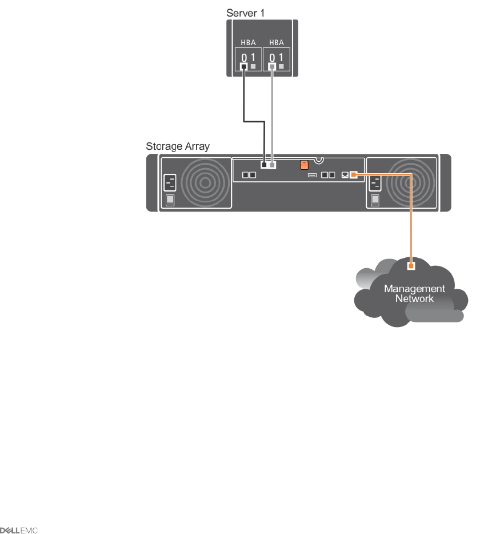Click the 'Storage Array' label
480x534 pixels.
pyautogui.click(x=178, y=146)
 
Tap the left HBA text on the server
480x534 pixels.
pyautogui.click(x=248, y=43)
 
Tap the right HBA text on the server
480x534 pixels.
pyautogui.click(x=277, y=43)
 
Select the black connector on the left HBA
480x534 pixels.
pyautogui.click(x=244, y=67)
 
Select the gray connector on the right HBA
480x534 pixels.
pyautogui.click(x=273, y=67)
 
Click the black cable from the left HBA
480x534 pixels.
pyautogui.click(x=245, y=97)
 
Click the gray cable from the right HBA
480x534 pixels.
pyautogui.click(x=273, y=114)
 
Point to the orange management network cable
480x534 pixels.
pyautogui.click(x=410, y=217)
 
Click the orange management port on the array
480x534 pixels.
pyautogui.click(x=354, y=174)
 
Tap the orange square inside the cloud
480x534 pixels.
pyautogui.click(x=410, y=265)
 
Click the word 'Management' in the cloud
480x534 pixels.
pyautogui.click(x=414, y=289)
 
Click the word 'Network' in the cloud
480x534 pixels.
pyautogui.click(x=414, y=298)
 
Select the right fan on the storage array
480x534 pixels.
pyautogui.click(x=408, y=184)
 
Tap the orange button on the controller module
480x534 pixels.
pyautogui.click(x=305, y=166)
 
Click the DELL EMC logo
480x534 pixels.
pyautogui.click(x=19, y=529)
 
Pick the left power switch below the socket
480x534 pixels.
pyautogui.click(x=170, y=200)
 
